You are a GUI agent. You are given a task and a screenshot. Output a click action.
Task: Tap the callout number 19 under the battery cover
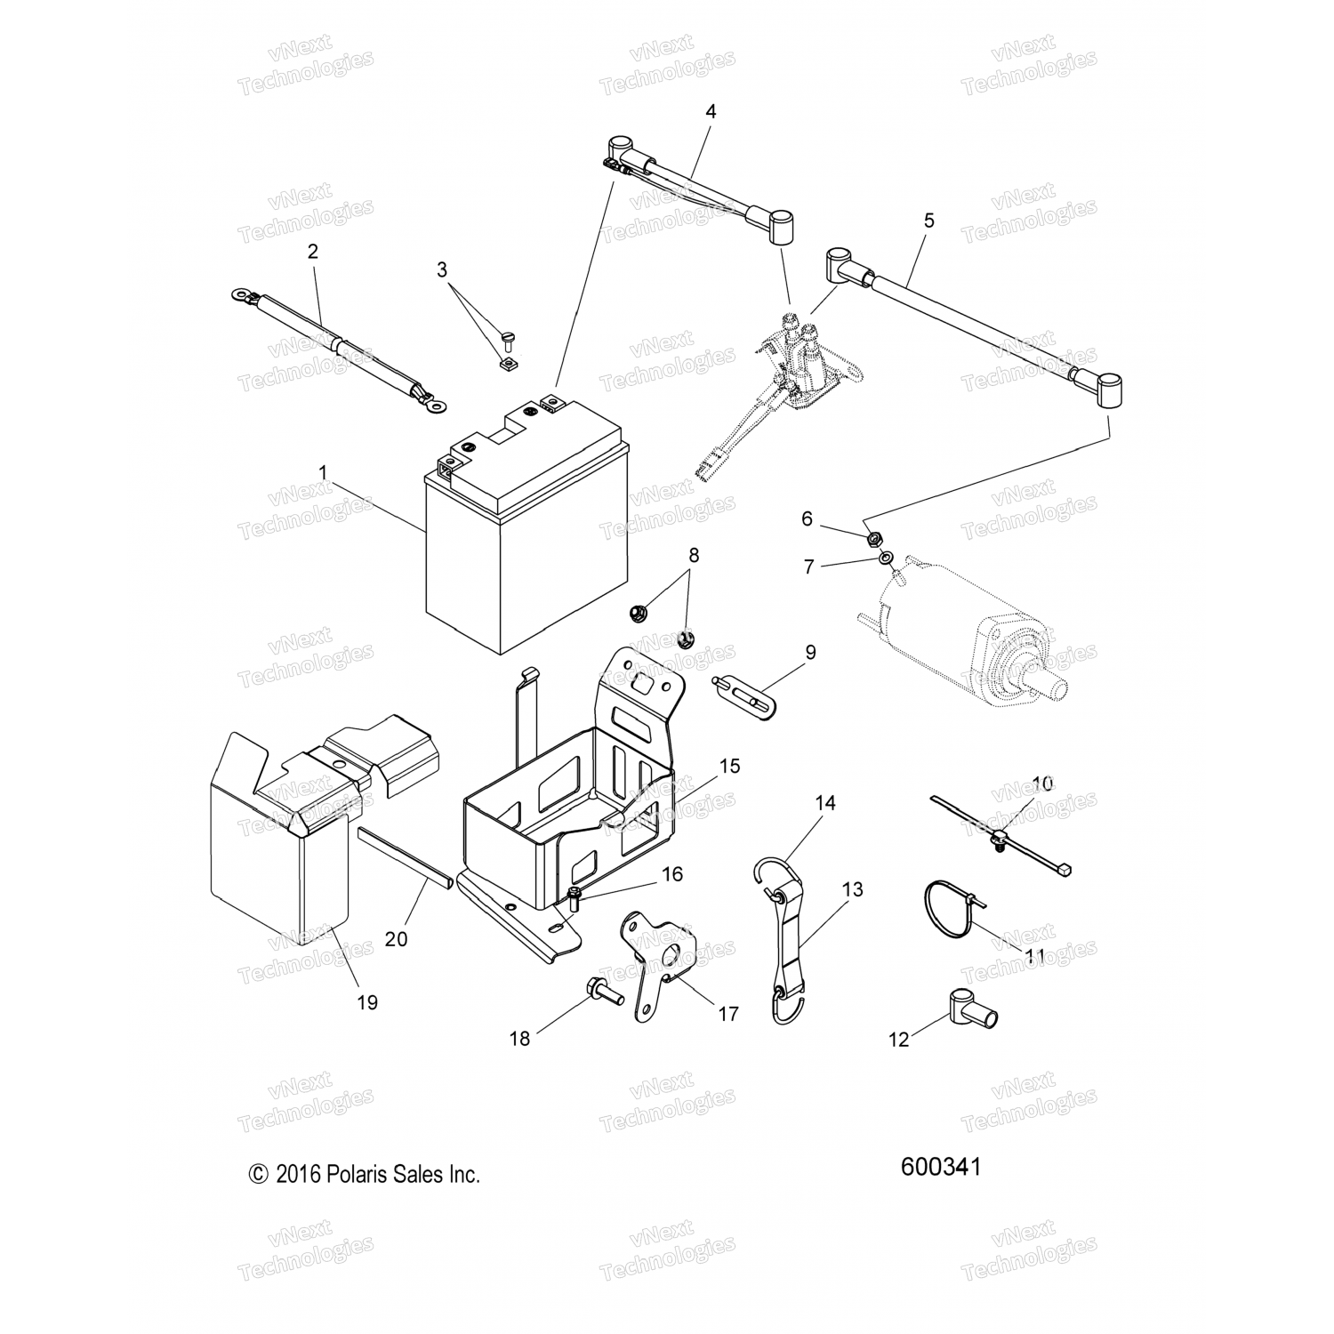366,1002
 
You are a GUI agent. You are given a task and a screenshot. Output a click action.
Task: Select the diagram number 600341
941,1166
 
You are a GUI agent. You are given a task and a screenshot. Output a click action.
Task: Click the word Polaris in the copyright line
358,1175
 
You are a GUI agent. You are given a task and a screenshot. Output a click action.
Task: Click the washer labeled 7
886,558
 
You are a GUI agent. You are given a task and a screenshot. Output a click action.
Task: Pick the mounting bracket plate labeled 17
654,960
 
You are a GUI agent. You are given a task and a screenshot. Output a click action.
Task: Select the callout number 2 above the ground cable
312,252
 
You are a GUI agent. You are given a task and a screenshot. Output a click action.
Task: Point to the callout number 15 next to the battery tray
729,766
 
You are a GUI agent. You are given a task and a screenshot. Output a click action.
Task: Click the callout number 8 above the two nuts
694,555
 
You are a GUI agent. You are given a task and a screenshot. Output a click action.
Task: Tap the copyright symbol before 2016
258,1175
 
